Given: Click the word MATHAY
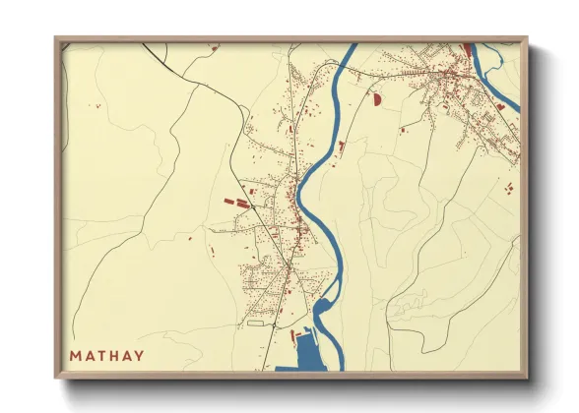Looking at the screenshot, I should (x=106, y=356).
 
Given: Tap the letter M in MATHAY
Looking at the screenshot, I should (x=75, y=356).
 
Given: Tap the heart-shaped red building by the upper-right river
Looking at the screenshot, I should (x=500, y=105).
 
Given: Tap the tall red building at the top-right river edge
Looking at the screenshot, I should (x=468, y=49).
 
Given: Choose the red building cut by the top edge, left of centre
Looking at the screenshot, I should (x=214, y=45).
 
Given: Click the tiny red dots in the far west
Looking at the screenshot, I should (x=96, y=104).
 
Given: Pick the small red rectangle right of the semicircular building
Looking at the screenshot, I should (x=400, y=129).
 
